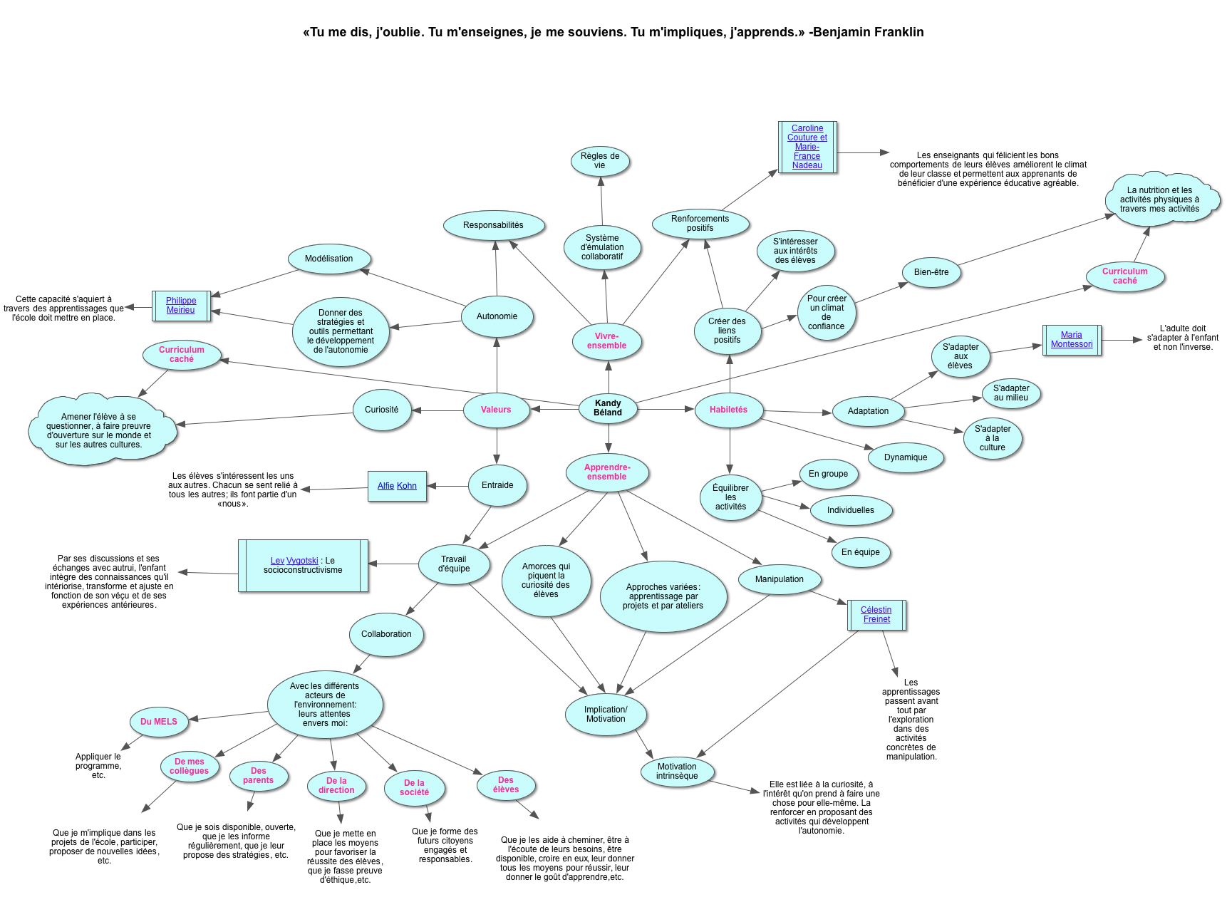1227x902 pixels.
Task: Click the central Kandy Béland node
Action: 608,408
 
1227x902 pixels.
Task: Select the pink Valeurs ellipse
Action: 496,410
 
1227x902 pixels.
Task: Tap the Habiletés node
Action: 729,410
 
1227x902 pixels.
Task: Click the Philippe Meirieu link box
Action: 181,306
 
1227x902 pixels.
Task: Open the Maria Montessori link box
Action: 1072,340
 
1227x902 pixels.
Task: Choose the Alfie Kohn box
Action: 397,486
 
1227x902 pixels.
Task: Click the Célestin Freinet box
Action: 876,615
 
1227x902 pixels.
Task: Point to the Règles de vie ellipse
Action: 600,161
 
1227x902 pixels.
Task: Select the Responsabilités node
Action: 493,225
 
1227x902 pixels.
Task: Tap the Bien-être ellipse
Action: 931,272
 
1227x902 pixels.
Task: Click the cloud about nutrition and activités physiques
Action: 1159,199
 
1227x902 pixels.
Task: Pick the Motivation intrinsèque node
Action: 677,772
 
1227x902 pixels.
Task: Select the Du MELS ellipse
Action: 159,722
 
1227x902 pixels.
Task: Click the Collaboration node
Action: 386,634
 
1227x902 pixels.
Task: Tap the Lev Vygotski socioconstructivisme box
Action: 303,566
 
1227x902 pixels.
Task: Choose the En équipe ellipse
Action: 861,552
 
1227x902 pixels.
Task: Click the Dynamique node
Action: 906,457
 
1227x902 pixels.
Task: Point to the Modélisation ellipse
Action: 329,259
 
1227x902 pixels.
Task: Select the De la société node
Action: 415,788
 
